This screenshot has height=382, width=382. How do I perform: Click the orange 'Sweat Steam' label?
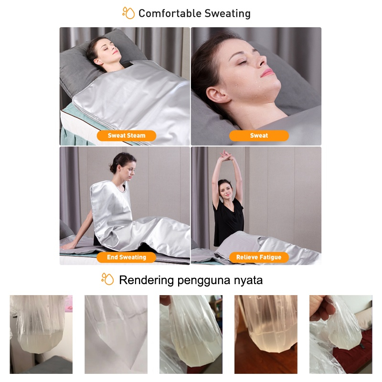(x=127, y=136)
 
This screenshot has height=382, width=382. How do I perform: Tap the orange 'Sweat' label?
(x=259, y=136)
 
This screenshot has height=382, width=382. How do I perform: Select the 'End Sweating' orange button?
(x=127, y=257)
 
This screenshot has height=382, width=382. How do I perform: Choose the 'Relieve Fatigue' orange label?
(x=259, y=257)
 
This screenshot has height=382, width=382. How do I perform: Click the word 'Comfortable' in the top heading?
(x=170, y=13)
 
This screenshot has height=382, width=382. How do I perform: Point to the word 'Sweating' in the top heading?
(x=228, y=14)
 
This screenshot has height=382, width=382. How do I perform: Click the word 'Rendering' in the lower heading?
(x=146, y=280)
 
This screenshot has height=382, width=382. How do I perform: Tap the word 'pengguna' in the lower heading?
(x=204, y=281)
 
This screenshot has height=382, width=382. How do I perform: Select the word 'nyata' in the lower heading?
(x=248, y=281)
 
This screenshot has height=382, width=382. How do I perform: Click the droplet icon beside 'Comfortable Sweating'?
(x=128, y=13)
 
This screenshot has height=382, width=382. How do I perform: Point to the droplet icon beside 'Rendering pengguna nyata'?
(x=107, y=279)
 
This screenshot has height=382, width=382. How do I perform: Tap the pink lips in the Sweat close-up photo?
(x=267, y=73)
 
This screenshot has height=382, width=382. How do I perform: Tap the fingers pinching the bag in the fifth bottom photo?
(x=319, y=307)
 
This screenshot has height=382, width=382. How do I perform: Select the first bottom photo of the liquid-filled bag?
(x=41, y=334)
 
